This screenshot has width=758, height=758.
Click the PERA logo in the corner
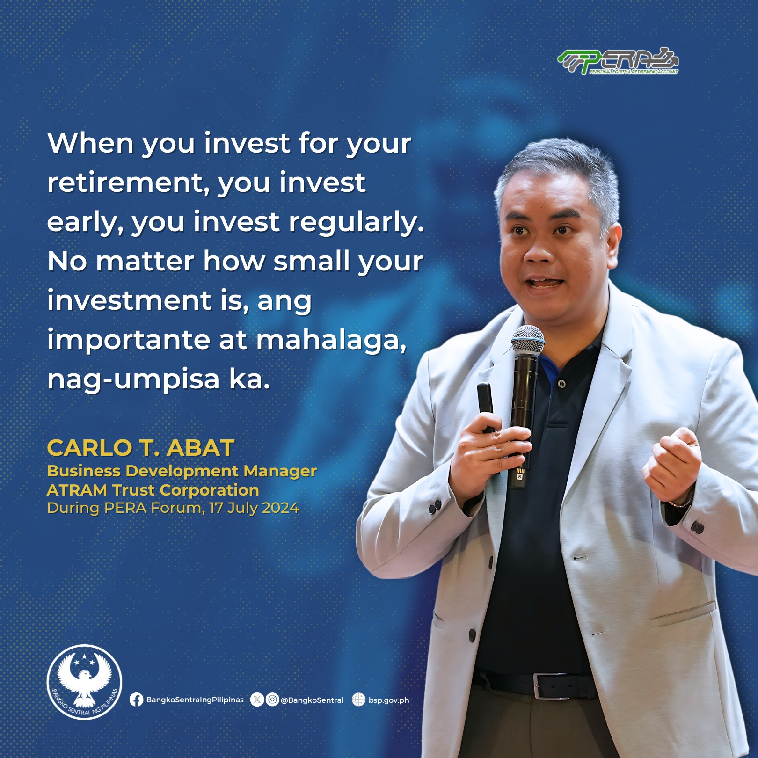tap(618, 61)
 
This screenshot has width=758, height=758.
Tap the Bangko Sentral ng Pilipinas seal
tap(84, 682)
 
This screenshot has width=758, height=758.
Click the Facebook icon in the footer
tap(136, 700)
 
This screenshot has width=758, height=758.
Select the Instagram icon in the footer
tap(272, 700)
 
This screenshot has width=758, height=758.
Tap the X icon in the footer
tap(257, 700)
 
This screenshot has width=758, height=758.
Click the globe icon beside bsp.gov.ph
tap(358, 700)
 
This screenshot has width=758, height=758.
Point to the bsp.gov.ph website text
tap(389, 700)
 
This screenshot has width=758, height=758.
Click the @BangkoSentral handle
tap(312, 700)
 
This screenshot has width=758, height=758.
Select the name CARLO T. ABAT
tap(141, 448)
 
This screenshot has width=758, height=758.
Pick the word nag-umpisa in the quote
tap(133, 380)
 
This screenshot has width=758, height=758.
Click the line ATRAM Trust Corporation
tap(153, 490)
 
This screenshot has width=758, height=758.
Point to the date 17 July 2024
tap(254, 508)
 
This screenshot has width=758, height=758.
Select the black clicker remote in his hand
tap(486, 405)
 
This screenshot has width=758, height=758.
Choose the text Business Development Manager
tap(182, 471)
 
